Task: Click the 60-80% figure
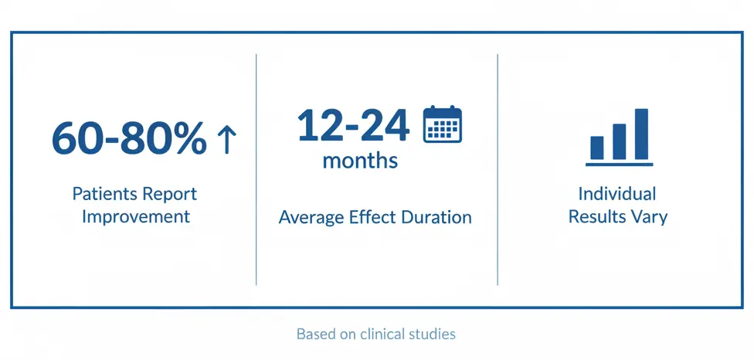click(129, 139)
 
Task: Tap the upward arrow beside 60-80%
click(226, 140)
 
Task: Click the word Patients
click(104, 193)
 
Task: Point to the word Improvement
click(136, 216)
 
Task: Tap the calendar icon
click(442, 124)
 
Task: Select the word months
click(360, 161)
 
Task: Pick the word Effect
click(372, 217)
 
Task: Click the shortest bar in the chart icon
click(597, 147)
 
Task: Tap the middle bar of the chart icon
click(619, 141)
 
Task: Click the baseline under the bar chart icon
click(619, 164)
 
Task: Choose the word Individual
click(617, 193)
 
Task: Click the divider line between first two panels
click(256, 169)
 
